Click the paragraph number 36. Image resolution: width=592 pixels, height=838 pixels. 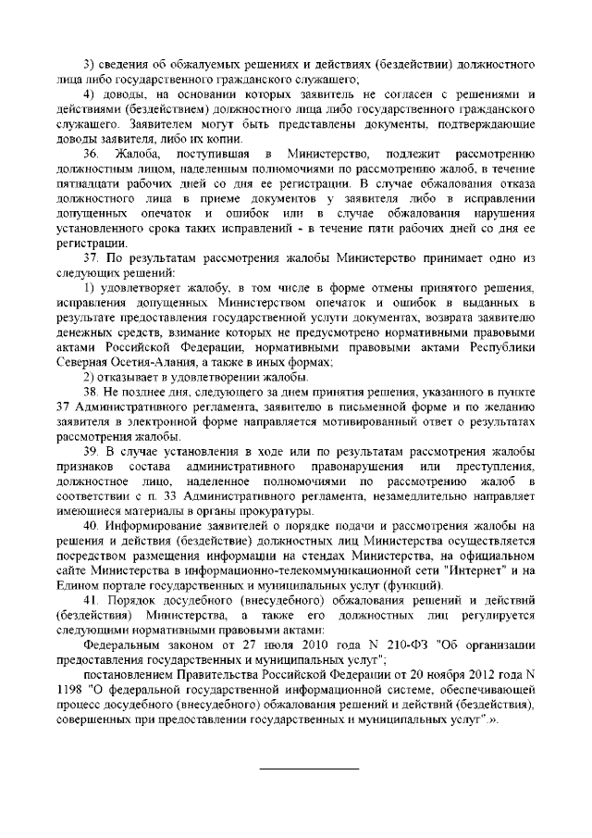pos(91,152)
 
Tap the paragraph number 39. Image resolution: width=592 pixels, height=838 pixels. pos(91,450)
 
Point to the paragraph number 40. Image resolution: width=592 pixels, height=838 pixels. pos(91,526)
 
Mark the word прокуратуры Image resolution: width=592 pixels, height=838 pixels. pos(232,510)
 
